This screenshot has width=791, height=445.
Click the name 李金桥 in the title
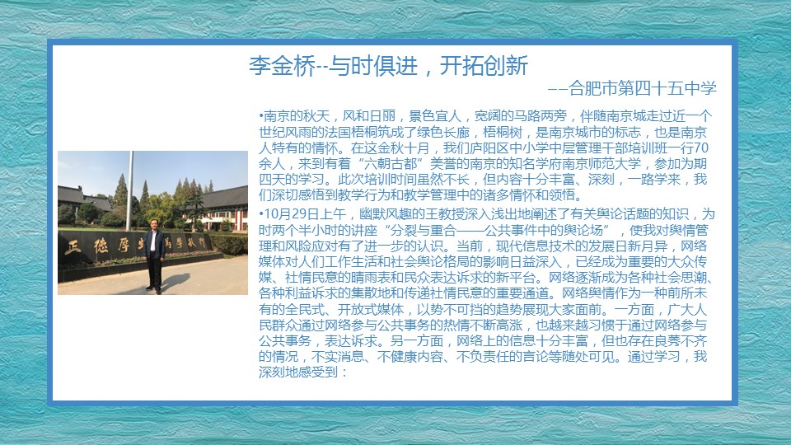282,66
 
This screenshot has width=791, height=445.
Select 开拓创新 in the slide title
484,66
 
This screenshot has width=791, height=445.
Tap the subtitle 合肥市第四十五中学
643,88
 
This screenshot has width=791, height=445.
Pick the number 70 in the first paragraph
701,148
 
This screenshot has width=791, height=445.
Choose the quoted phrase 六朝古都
391,163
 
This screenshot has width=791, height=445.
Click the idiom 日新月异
641,246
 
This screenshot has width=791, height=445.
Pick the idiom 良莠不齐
681,341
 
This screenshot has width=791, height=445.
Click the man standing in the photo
155,255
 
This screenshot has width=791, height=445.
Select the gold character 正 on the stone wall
73,247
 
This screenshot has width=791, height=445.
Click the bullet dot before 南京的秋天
261,116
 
